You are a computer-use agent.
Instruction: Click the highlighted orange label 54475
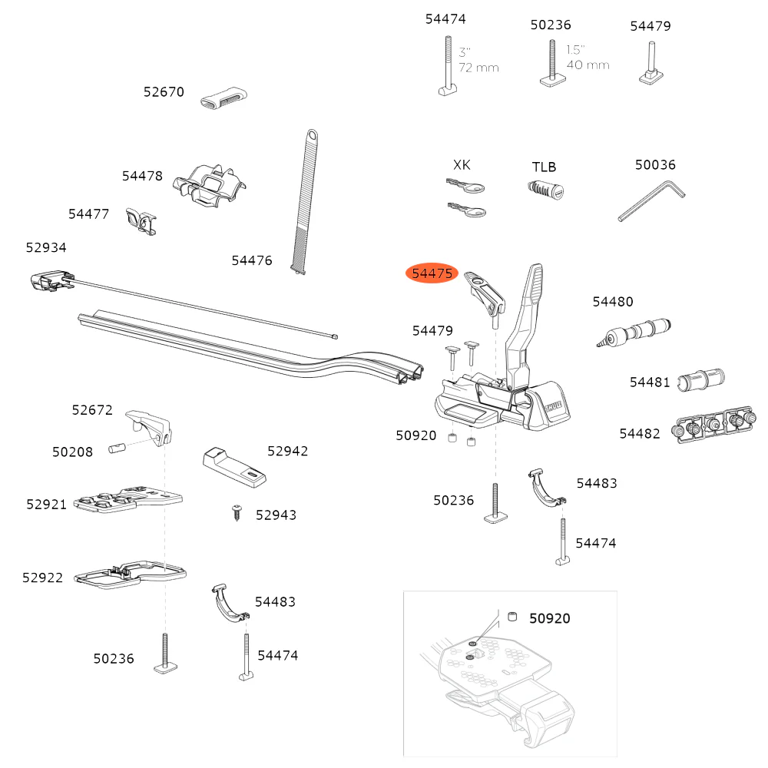click(432, 273)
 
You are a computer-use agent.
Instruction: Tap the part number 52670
click(164, 92)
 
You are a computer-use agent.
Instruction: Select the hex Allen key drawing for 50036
click(652, 200)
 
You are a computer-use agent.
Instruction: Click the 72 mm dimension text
click(479, 68)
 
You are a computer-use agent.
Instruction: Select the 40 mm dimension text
click(588, 65)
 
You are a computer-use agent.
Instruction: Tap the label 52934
click(46, 247)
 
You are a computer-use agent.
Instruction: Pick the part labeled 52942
click(235, 467)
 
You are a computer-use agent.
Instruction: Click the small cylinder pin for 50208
click(117, 446)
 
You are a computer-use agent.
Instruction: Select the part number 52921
click(47, 504)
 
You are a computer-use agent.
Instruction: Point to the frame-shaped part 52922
click(131, 574)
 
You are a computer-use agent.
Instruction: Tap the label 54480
click(613, 302)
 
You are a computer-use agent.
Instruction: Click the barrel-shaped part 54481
click(700, 380)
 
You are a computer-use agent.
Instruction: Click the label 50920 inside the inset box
click(549, 617)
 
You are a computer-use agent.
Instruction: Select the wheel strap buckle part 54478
click(209, 186)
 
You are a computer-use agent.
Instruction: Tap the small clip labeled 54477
click(142, 221)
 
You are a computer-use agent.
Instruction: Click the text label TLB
click(544, 167)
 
